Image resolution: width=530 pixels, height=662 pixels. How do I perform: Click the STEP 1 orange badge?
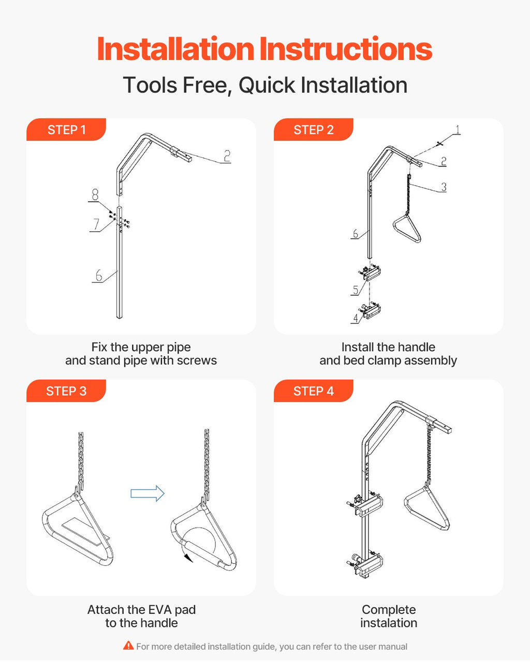point(66,129)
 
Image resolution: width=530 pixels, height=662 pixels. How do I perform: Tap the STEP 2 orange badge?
point(314,129)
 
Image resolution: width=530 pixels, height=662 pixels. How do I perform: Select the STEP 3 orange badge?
point(66,390)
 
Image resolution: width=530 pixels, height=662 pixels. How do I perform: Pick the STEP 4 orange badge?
point(314,390)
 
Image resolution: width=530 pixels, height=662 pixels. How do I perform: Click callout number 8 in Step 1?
point(95,194)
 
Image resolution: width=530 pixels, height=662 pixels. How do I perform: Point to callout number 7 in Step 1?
point(96,224)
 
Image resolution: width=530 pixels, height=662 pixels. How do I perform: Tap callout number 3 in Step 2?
point(444,187)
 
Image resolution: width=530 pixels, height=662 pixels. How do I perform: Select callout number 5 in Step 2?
point(356,290)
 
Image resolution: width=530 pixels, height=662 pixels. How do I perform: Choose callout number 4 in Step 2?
point(356,318)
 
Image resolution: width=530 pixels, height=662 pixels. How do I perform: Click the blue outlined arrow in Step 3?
point(148,493)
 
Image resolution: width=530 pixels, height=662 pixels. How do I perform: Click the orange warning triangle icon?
point(128,645)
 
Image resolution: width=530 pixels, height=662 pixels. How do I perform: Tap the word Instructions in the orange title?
point(346,49)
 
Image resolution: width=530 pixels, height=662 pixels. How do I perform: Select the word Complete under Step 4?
point(389,609)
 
